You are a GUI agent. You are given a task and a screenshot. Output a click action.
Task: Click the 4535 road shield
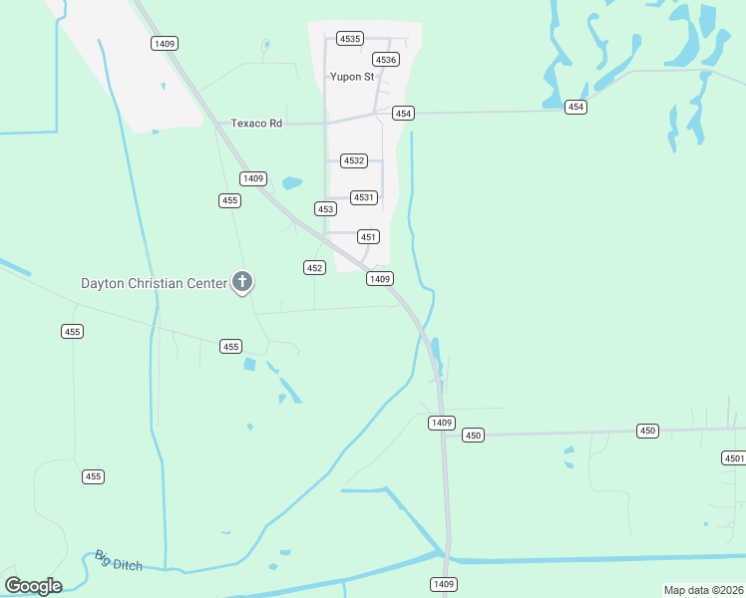click(349, 38)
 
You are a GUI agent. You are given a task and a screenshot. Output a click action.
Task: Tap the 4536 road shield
click(386, 60)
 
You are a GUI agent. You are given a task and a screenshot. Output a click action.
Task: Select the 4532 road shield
click(354, 160)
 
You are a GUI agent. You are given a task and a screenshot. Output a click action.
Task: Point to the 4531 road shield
click(363, 197)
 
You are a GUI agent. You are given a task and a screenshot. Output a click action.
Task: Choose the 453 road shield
click(325, 209)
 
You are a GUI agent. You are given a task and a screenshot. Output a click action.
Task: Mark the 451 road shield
click(369, 236)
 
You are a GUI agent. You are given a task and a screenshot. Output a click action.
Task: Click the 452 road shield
click(314, 267)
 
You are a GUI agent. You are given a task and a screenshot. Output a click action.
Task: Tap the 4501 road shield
click(734, 458)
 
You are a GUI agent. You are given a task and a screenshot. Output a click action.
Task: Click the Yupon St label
click(352, 76)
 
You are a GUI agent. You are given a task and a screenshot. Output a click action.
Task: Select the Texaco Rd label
click(257, 123)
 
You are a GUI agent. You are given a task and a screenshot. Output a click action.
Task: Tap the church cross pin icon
click(241, 282)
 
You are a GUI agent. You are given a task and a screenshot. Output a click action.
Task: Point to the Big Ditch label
click(119, 560)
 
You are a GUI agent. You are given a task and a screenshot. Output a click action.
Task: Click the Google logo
click(33, 585)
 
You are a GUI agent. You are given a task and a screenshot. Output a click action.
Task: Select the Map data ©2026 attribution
click(703, 590)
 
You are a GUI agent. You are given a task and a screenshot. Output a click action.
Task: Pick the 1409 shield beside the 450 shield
click(442, 423)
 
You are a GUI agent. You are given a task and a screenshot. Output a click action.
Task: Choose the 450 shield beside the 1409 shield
click(473, 435)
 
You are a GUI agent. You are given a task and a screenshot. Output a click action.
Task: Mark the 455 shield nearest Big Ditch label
click(93, 476)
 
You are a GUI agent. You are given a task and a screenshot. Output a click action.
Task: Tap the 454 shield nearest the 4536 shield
click(403, 113)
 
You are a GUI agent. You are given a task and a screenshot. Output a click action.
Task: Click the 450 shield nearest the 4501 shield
click(648, 431)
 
